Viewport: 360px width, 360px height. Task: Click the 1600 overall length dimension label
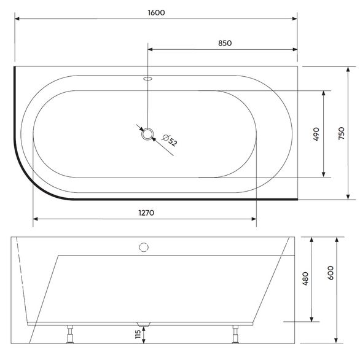tap(156, 12)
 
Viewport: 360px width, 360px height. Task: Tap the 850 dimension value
tap(225, 43)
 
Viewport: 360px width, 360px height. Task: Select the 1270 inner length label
tap(146, 213)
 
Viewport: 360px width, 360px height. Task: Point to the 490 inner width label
tap(316, 134)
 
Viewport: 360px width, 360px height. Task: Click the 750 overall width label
tap(342, 133)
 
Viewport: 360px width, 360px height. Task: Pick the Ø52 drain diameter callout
tap(170, 140)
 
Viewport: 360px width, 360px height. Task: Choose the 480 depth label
tap(305, 278)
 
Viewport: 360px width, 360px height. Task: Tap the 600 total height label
tap(331, 273)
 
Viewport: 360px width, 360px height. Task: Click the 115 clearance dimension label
tap(138, 334)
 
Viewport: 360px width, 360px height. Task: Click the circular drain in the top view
tap(147, 134)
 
